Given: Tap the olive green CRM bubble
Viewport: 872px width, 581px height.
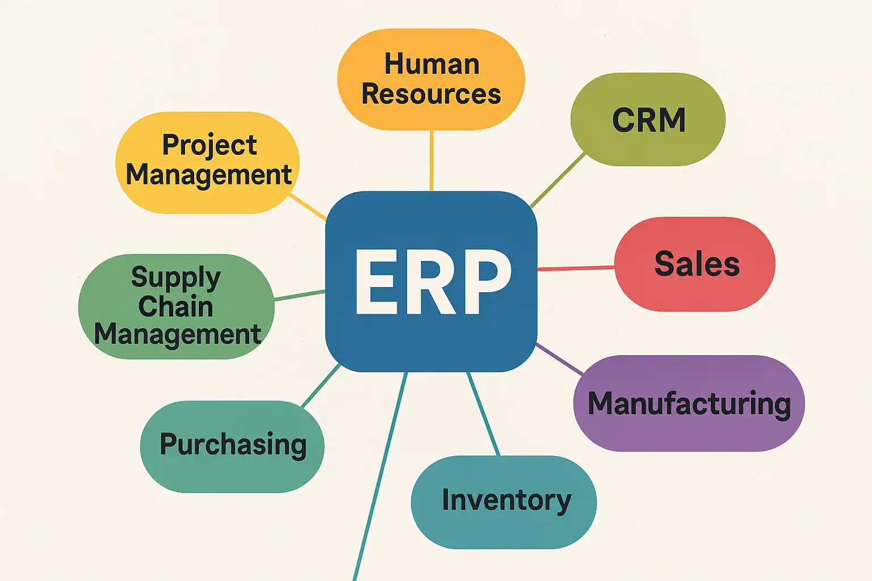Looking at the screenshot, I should click(648, 119).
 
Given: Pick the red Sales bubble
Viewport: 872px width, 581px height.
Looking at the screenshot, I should click(695, 264).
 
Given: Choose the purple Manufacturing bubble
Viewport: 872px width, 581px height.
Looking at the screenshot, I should click(689, 403).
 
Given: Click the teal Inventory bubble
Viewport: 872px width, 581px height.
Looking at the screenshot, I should click(504, 502).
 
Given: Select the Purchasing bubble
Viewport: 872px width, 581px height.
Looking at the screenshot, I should click(232, 446).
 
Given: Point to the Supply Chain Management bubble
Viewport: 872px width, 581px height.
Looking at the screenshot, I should click(176, 306).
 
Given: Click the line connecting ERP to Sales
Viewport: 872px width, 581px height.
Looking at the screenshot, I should click(576, 268).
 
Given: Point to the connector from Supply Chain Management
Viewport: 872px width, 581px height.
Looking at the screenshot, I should click(300, 294).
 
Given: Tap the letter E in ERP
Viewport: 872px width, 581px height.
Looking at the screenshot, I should click(376, 281).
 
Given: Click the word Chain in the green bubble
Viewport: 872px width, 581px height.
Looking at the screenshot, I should click(176, 306).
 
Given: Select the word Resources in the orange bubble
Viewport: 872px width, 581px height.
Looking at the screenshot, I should click(431, 94).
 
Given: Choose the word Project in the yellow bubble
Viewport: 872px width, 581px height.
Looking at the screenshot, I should click(209, 145).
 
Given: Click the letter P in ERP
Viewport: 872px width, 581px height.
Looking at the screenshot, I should click(484, 281).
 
